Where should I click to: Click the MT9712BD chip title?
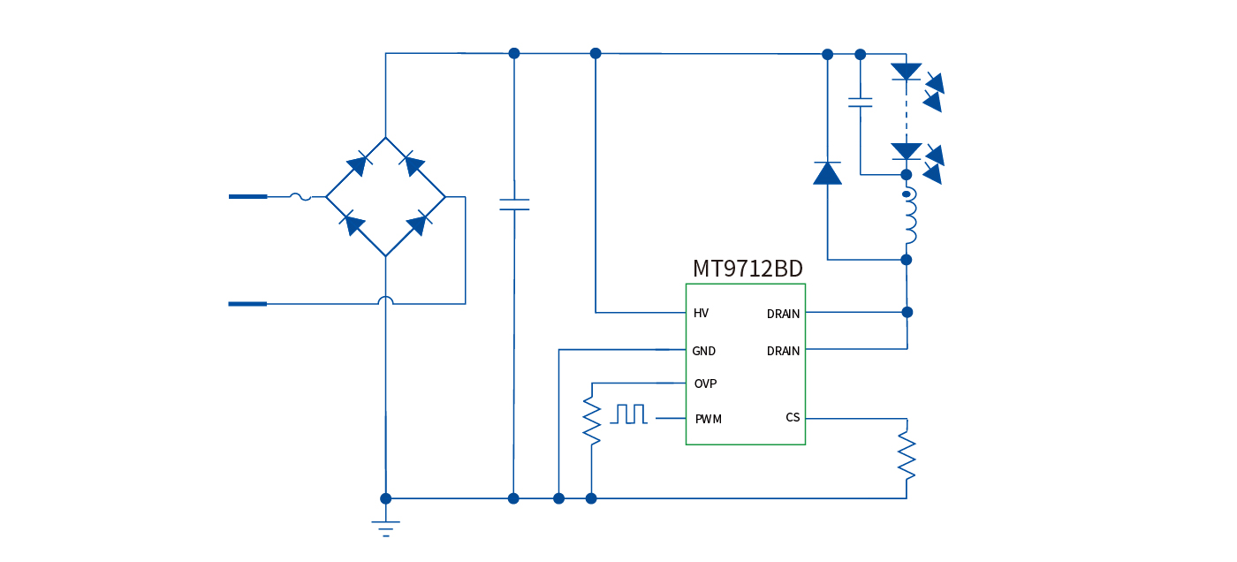coord(748,269)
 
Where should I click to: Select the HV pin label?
coord(701,313)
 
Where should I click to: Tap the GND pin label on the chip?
coord(703,351)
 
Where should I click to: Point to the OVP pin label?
coord(705,384)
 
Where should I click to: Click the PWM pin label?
coord(708,419)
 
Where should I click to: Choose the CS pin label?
coord(793,417)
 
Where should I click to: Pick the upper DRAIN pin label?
coord(783,314)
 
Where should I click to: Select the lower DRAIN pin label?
coord(783,351)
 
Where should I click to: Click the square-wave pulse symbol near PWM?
coord(629,414)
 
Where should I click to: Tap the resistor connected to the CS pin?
coord(907,454)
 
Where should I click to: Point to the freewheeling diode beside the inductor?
coord(827,173)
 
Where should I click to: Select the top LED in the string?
coord(907,72)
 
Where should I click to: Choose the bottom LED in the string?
coord(907,151)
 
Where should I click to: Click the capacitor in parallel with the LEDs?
coord(860,102)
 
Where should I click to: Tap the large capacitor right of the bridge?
coord(514,204)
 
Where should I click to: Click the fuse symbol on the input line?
coord(300,196)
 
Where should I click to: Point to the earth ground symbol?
coord(385,528)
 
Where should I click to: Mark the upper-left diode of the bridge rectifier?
coord(357,164)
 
